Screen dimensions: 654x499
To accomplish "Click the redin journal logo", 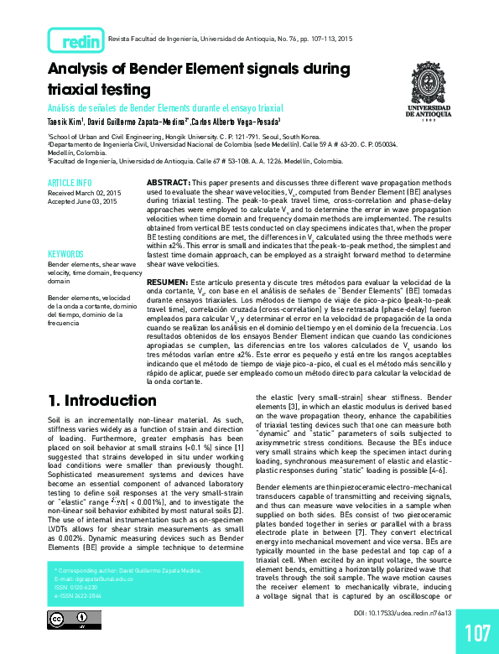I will [x=77, y=40].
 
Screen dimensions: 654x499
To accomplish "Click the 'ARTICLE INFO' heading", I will [x=70, y=182].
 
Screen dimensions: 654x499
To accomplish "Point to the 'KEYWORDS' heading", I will [x=66, y=253].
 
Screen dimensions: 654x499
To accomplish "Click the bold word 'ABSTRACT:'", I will [x=172, y=181].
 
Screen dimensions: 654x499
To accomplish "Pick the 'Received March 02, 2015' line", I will [x=83, y=192].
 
